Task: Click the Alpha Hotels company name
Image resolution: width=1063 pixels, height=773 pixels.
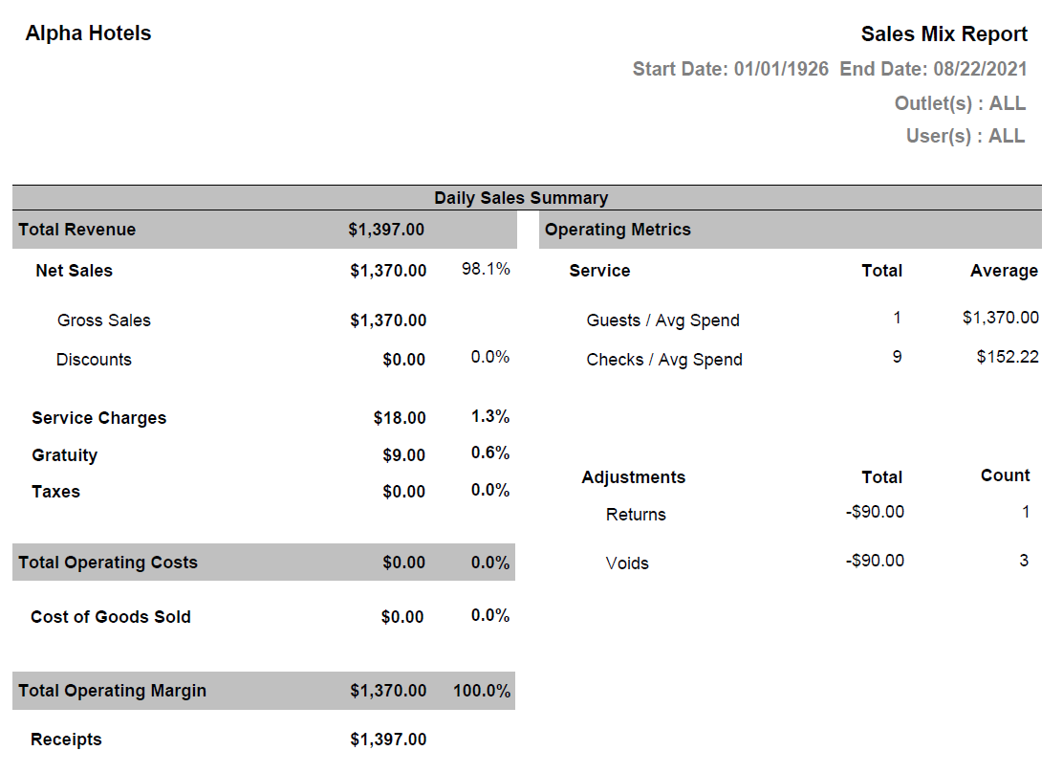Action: tap(88, 33)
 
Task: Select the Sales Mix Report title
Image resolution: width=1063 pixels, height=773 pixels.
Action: tap(944, 34)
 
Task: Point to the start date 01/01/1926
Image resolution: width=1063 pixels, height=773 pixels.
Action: tap(781, 69)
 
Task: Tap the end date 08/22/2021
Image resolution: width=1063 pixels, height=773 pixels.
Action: tap(980, 69)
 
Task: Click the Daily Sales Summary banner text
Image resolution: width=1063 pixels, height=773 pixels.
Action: tap(521, 198)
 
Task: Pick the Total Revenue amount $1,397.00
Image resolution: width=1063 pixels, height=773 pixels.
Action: tap(386, 230)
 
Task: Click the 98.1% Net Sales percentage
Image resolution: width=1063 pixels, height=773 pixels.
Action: tap(486, 269)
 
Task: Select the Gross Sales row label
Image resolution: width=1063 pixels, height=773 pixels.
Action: tap(104, 320)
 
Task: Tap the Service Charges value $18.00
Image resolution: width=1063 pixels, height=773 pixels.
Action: tap(400, 418)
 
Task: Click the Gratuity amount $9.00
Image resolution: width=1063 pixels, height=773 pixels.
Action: tap(404, 455)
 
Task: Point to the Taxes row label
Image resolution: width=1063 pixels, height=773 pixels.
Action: tap(55, 492)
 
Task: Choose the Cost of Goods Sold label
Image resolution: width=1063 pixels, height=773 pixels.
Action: tap(111, 617)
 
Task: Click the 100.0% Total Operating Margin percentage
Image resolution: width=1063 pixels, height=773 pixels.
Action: tap(482, 691)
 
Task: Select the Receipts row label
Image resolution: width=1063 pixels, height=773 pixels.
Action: tap(66, 740)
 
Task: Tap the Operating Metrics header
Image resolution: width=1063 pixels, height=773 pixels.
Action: tap(618, 230)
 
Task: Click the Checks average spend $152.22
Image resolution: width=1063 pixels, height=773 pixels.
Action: tap(1008, 357)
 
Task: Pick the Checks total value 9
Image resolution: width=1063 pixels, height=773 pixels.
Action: tap(897, 357)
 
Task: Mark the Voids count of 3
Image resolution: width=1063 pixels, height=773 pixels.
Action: tap(1024, 561)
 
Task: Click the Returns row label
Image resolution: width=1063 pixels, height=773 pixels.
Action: tap(636, 515)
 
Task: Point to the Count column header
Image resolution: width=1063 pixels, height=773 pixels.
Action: tap(1005, 475)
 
